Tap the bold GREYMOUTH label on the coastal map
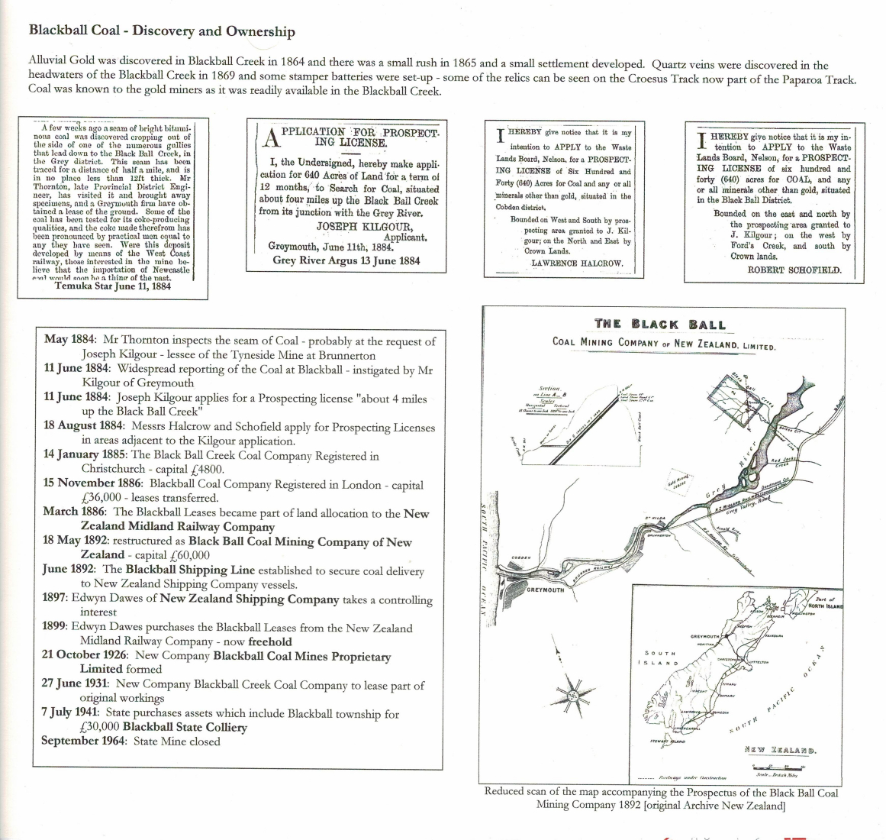545,590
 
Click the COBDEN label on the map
521,558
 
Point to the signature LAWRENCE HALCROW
577,263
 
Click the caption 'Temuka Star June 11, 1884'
112,286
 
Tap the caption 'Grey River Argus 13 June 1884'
346,260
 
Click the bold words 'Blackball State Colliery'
185,727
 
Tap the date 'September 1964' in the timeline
85,741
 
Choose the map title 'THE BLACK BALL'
660,324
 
